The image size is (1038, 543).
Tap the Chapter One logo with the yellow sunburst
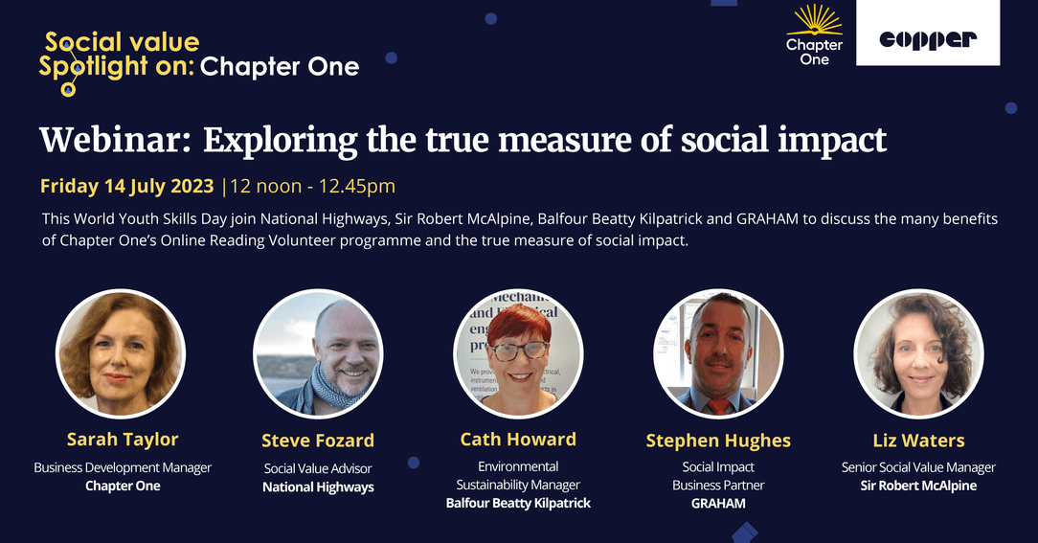click(x=814, y=35)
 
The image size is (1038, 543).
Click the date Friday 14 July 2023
click(x=127, y=186)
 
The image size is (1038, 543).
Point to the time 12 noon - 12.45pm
click(x=312, y=186)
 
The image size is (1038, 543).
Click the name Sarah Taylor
click(x=123, y=439)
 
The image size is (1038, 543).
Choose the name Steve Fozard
click(x=318, y=441)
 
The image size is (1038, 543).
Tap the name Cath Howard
click(x=518, y=439)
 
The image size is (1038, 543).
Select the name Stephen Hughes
click(x=718, y=441)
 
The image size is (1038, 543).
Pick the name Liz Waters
click(x=918, y=441)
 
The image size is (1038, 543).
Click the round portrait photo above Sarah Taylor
click(x=121, y=353)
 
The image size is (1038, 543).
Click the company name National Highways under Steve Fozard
click(x=318, y=487)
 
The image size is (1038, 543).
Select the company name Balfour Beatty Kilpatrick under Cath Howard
click(x=518, y=504)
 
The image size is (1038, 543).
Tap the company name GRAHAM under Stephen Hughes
click(x=718, y=504)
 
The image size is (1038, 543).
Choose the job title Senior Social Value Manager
click(x=918, y=467)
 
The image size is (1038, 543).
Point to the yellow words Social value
click(x=123, y=42)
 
